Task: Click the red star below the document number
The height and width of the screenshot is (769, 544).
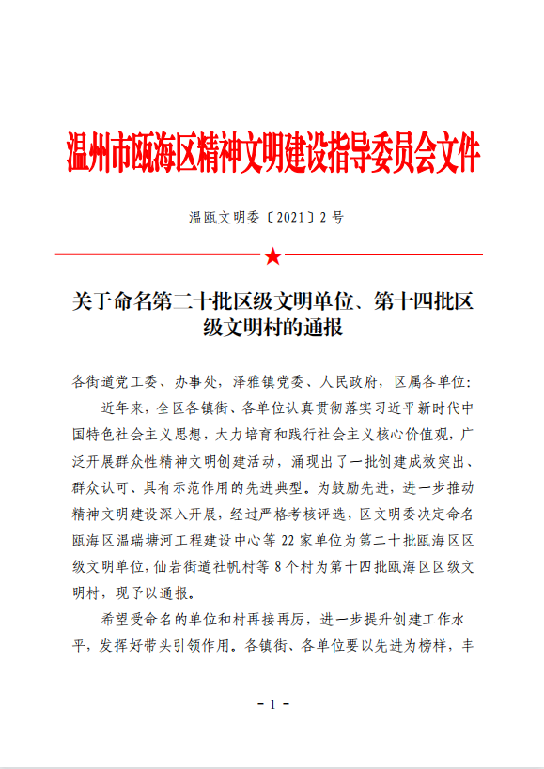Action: point(272,255)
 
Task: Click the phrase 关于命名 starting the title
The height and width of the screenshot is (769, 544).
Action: point(105,302)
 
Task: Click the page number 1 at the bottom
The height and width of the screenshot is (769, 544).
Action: point(272,705)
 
